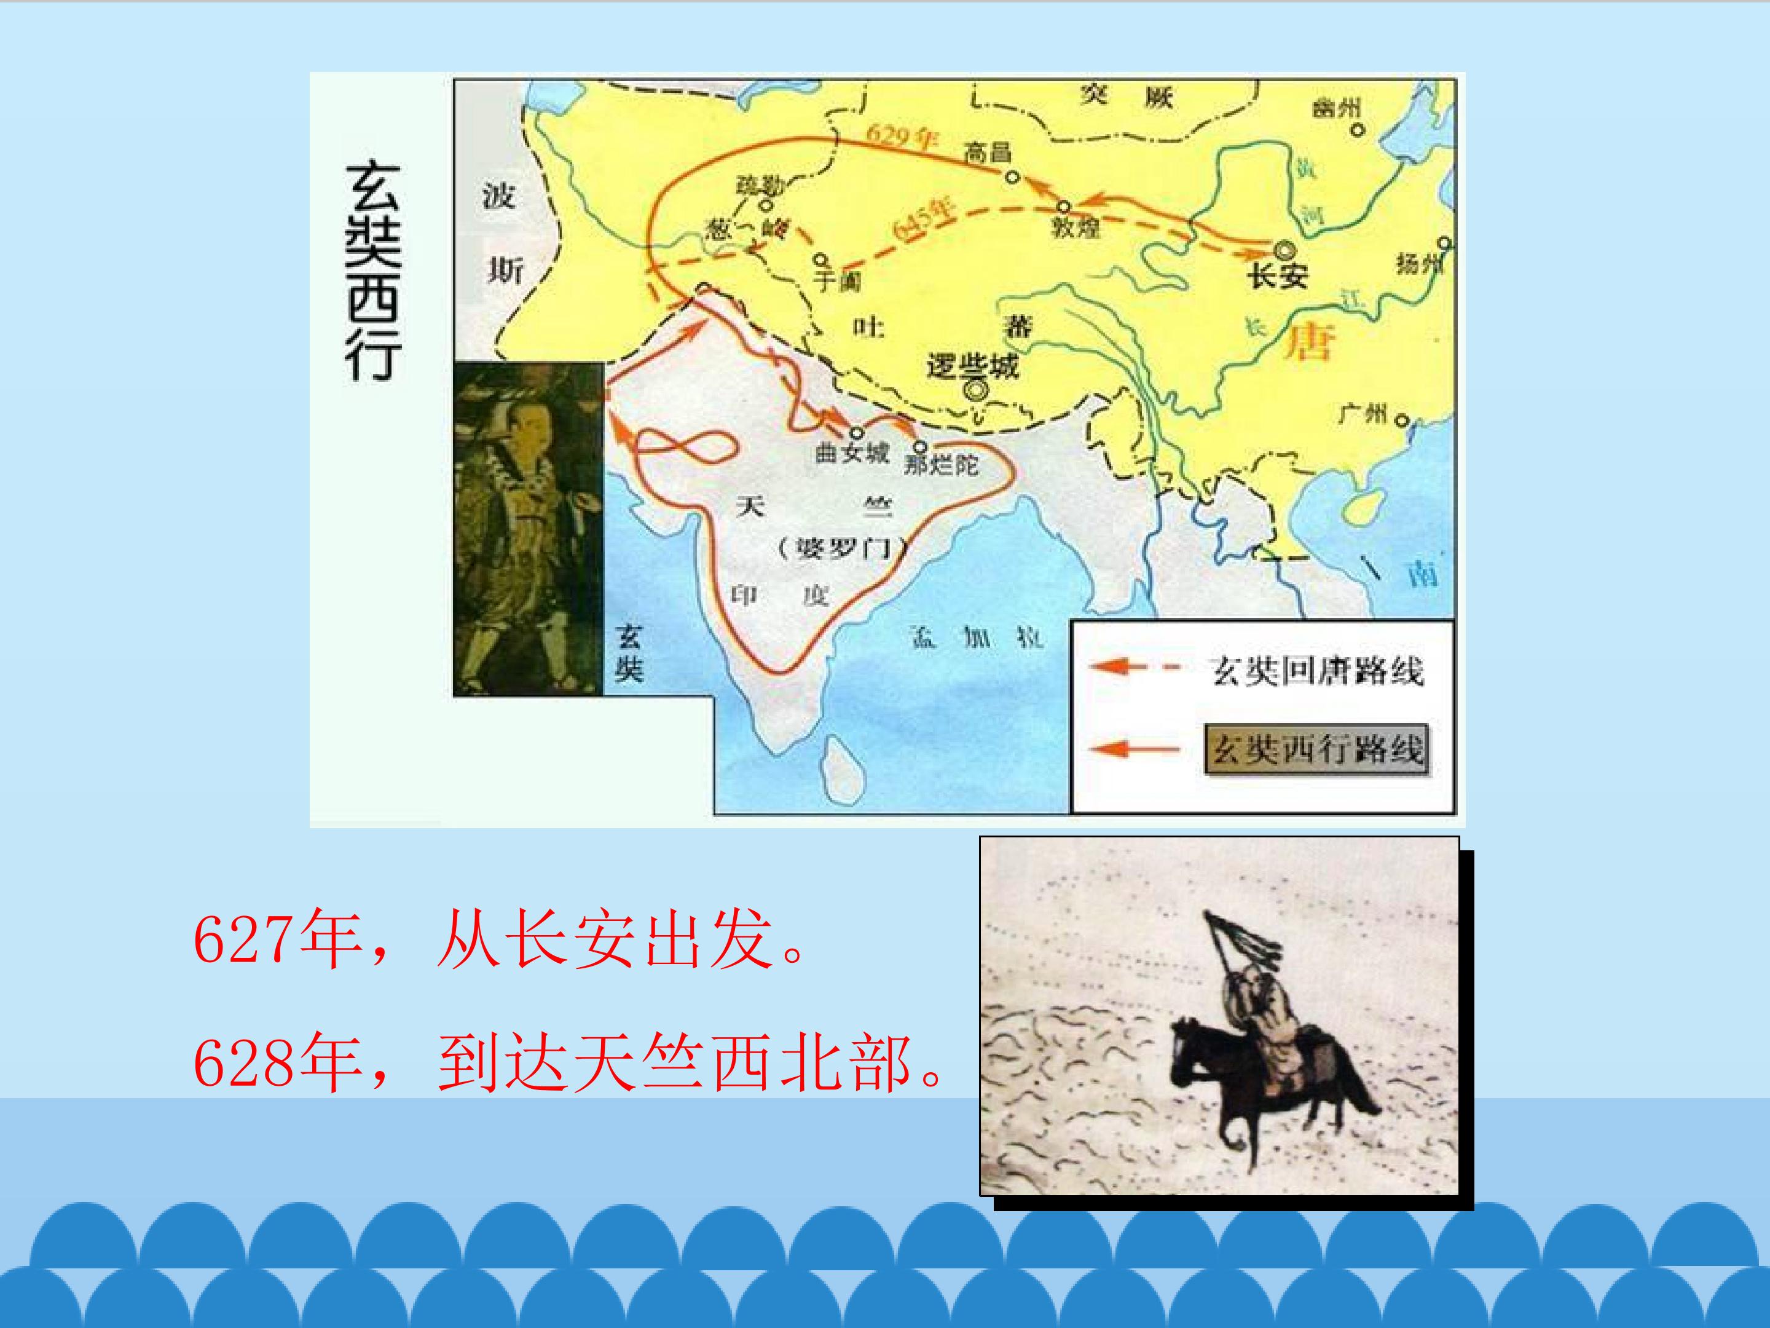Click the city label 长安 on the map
(1278, 277)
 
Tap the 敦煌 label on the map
(1076, 227)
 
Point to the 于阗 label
(837, 281)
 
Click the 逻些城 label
(973, 366)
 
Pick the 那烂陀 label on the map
(941, 464)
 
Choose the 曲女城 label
(852, 453)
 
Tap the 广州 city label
(1362, 414)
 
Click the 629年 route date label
(901, 137)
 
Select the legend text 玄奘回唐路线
(1317, 671)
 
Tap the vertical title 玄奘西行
(373, 272)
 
